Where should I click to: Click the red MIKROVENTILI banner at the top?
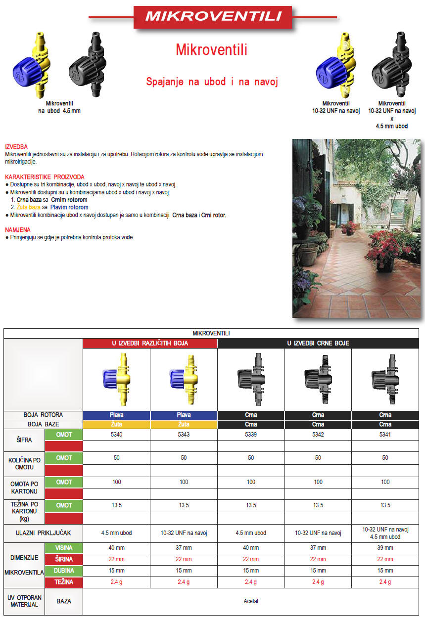[x=213, y=17]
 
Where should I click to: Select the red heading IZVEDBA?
[x=16, y=147]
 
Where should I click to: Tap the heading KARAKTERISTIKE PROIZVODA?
[x=45, y=177]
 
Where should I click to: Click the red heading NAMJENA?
[x=17, y=230]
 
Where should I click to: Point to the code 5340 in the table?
[x=116, y=435]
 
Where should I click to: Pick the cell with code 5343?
[x=184, y=435]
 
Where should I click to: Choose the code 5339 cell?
[x=251, y=435]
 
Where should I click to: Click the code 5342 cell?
[x=318, y=435]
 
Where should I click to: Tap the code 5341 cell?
[x=385, y=435]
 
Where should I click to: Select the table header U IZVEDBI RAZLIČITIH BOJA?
[x=150, y=344]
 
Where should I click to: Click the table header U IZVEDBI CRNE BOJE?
[x=318, y=344]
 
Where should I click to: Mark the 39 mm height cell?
[x=385, y=548]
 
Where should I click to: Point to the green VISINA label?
[x=64, y=548]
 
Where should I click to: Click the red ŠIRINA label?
[x=64, y=559]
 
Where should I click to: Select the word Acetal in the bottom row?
[x=251, y=601]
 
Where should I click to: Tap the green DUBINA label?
[x=64, y=571]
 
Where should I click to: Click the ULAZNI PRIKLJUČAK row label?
[x=43, y=533]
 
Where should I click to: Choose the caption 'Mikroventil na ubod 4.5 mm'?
[x=59, y=107]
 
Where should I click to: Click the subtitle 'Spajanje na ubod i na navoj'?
[x=212, y=82]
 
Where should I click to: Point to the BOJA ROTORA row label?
[x=43, y=415]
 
